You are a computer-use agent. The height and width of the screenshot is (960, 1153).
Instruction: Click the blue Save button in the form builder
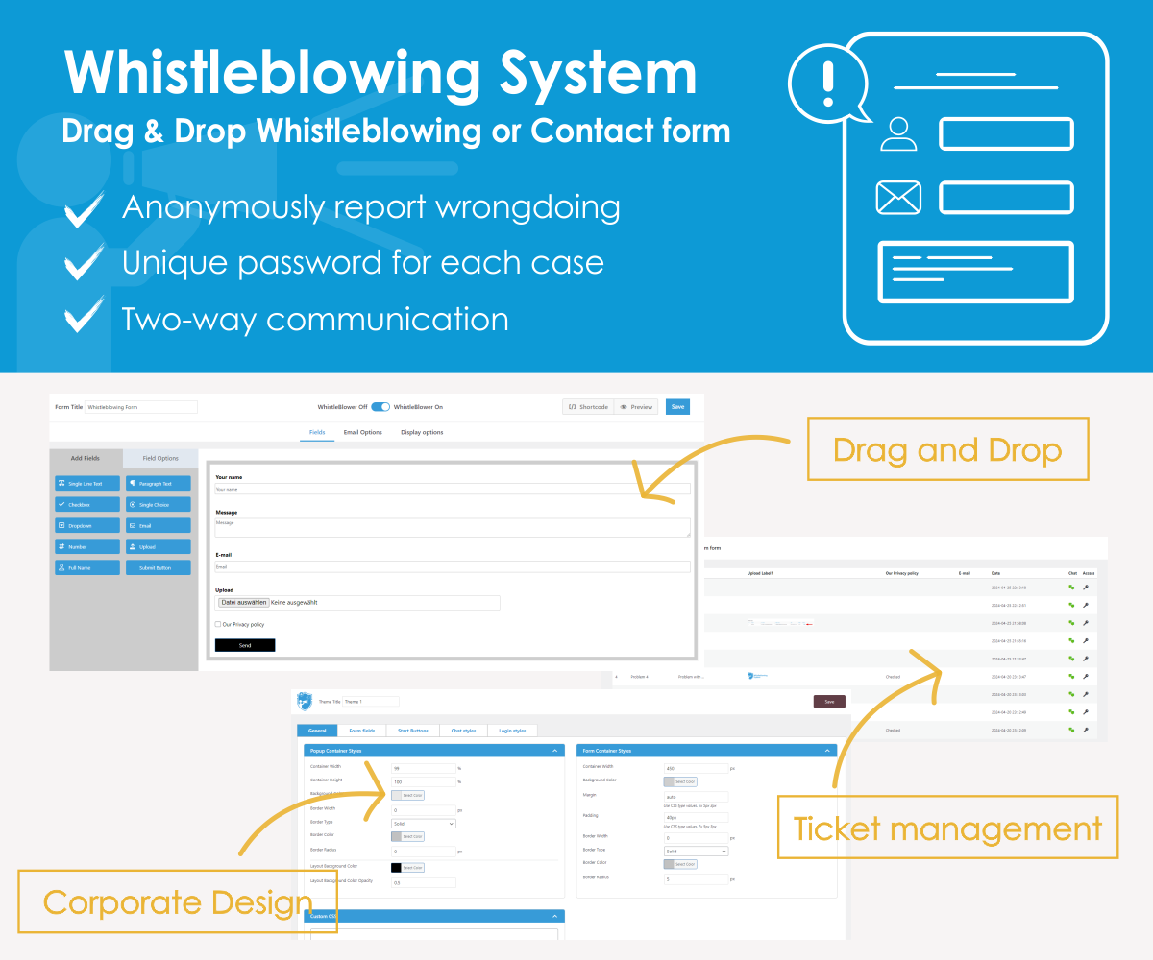coord(677,407)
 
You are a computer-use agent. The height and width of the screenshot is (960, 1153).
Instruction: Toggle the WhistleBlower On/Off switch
coord(380,407)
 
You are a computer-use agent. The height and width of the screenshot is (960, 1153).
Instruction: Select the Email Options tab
coord(363,432)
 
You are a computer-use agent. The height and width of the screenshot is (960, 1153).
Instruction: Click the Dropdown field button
coord(87,525)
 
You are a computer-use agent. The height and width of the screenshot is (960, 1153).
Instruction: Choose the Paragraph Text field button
coord(159,483)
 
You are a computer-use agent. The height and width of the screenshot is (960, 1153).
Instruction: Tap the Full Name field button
coord(87,567)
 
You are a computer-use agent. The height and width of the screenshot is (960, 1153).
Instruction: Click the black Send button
coord(245,645)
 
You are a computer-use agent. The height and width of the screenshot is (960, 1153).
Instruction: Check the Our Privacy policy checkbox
coord(218,625)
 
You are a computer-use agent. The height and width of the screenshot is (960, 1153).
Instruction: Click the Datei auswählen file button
coord(243,603)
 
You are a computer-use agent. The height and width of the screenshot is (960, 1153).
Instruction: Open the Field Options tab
coord(160,458)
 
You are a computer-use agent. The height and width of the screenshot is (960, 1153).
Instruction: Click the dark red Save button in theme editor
coord(829,702)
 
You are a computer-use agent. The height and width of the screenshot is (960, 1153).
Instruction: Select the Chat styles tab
coord(464,732)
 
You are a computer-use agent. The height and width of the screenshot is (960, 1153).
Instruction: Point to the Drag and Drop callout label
coord(947,449)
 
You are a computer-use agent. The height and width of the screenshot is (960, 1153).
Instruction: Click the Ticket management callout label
coord(947,828)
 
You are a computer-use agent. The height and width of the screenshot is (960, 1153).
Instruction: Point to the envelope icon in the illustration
coord(898,198)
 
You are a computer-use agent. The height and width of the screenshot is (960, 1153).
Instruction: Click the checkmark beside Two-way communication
coord(85,318)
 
